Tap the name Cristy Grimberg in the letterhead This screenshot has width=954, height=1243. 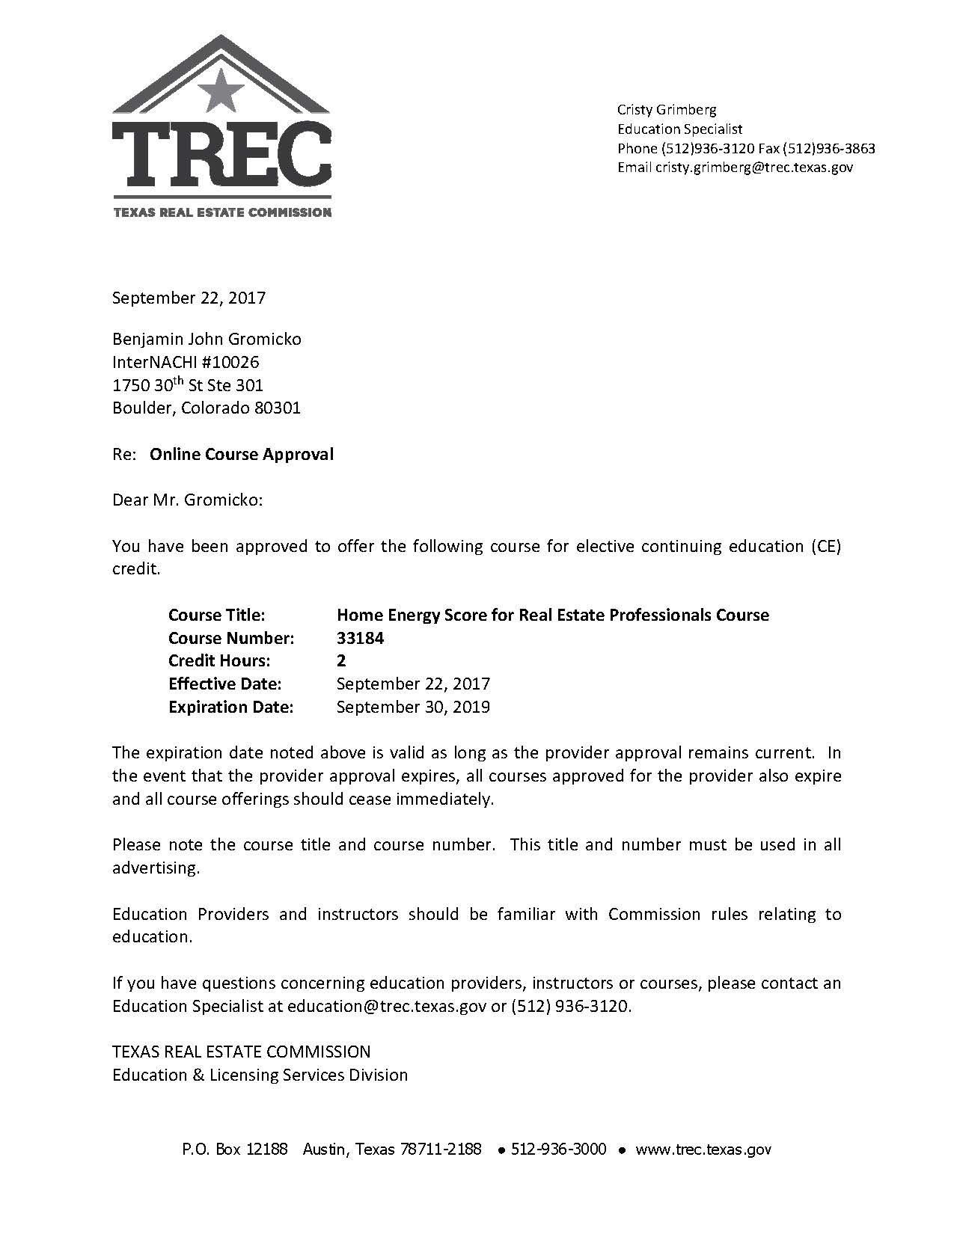pos(667,110)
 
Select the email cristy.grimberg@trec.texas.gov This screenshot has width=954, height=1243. pos(754,168)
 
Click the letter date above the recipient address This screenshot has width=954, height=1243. pos(189,298)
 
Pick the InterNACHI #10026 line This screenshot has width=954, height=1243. pos(186,363)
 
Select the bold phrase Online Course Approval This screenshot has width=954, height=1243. pos(242,454)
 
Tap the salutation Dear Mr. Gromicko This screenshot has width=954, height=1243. pos(188,500)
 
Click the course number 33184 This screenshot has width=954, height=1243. pos(361,638)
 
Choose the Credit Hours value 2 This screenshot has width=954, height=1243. pos(341,660)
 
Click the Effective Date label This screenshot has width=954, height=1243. pos(224,684)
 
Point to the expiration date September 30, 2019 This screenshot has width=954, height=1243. pos(413,707)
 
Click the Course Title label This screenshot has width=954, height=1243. pos(217,615)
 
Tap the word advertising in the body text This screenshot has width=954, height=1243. pos(156,868)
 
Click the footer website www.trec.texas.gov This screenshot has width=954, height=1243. pos(703,1150)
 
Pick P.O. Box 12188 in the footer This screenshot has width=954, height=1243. pos(235,1150)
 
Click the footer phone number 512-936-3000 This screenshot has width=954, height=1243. pos(558,1150)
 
